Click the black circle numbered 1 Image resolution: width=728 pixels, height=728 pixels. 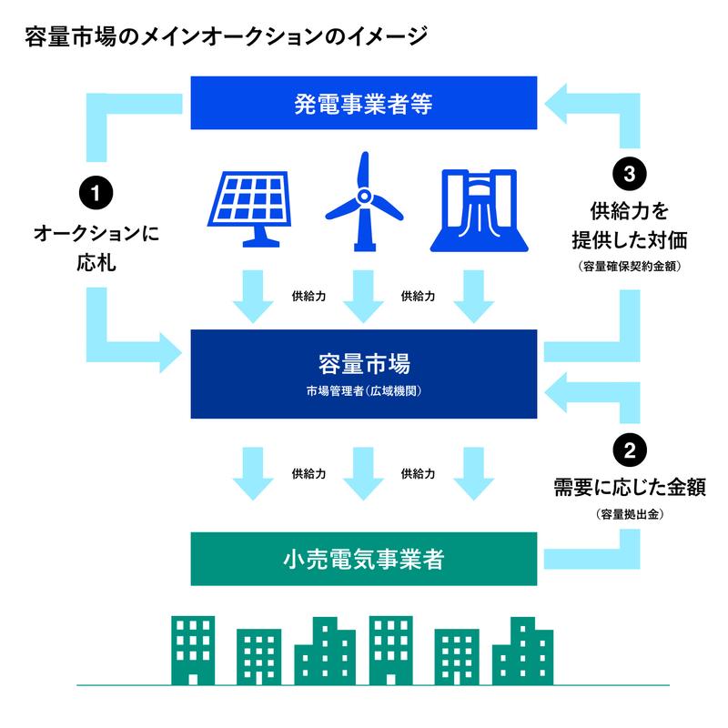click(96, 193)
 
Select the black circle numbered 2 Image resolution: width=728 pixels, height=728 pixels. click(629, 449)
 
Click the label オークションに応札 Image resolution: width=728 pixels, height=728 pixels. click(96, 248)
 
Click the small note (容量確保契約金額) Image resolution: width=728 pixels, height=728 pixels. click(630, 268)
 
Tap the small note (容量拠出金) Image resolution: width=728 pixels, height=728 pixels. click(630, 515)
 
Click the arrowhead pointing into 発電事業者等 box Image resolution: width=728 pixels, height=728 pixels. click(557, 104)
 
